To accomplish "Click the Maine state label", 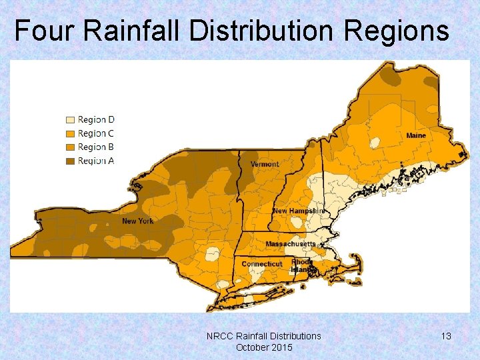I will tap(416, 136).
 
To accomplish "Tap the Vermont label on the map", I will tap(265, 164).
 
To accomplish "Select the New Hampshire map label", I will tap(299, 211).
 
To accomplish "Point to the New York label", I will tap(137, 221).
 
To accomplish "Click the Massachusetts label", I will tap(291, 244).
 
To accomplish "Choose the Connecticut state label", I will tap(261, 264).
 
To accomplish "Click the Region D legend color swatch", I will tap(69, 120).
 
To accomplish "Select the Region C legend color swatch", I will tap(69, 133).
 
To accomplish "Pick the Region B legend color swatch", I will tap(69, 147).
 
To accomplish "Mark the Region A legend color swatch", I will tap(69, 160).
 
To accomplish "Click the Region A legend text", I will tap(96, 160).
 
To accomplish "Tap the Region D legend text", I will tap(96, 120).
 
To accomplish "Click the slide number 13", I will tap(446, 337).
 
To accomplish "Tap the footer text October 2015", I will tap(264, 347).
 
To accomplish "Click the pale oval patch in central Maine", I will tap(375, 142).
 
